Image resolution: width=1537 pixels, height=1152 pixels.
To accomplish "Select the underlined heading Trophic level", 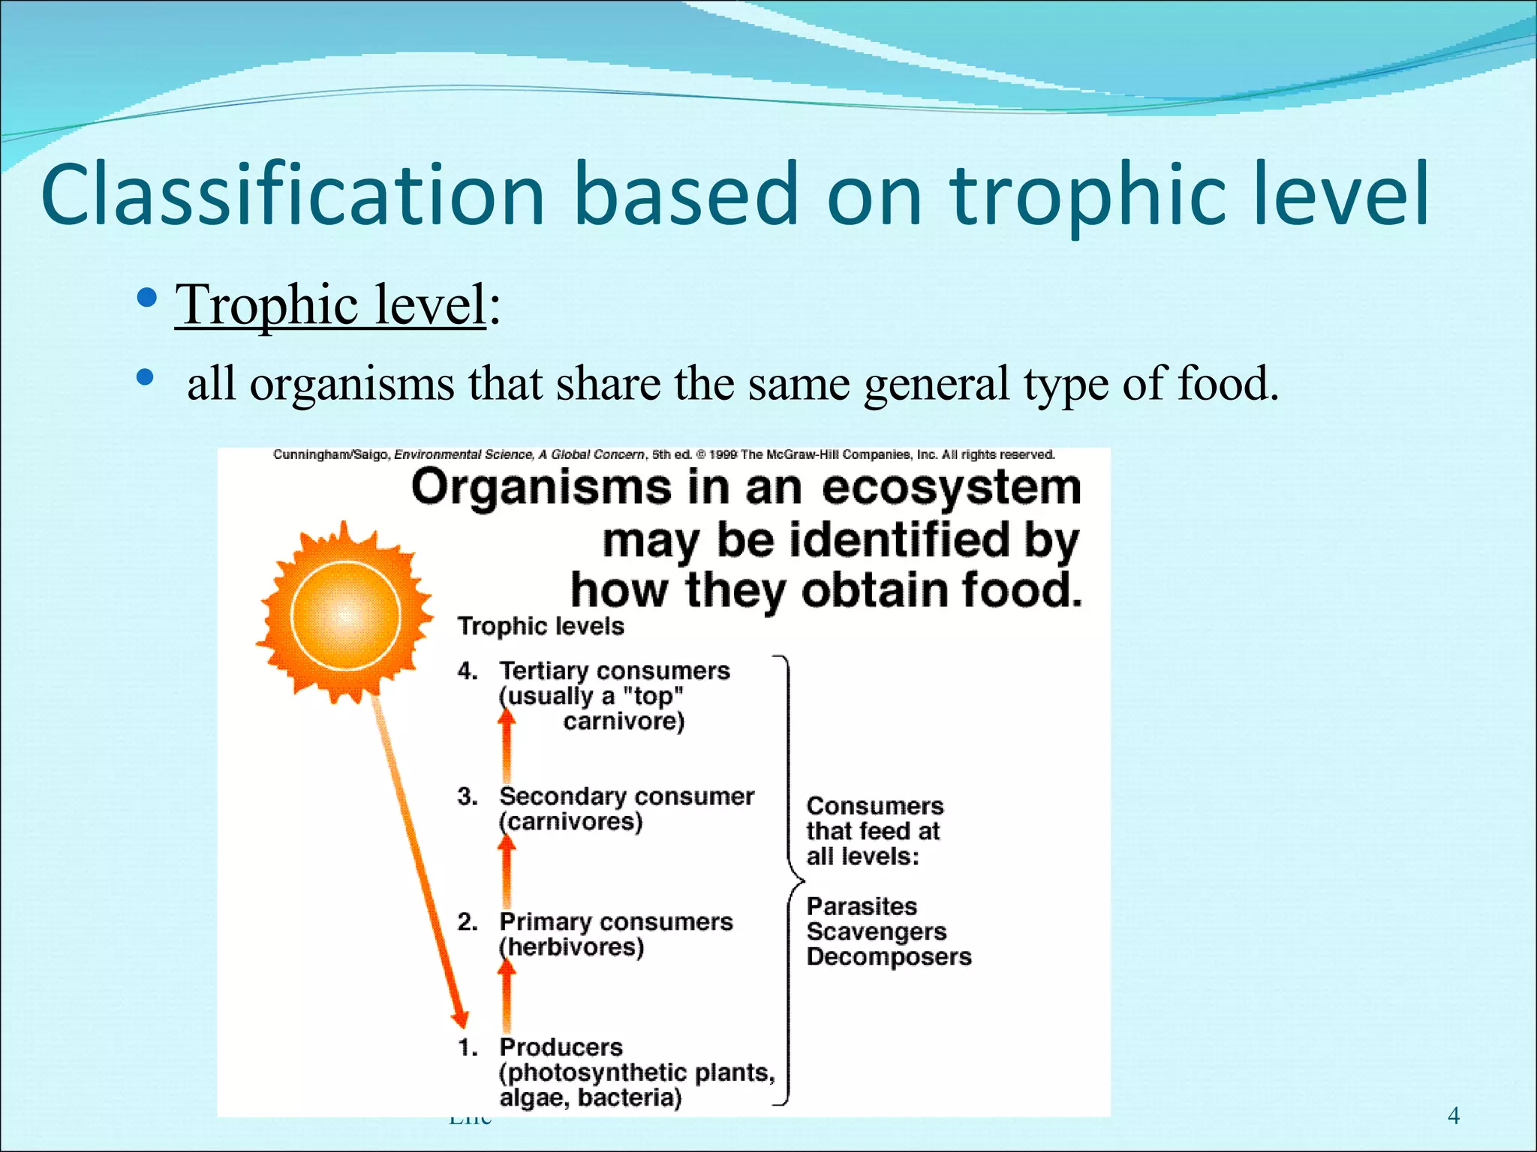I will tap(330, 304).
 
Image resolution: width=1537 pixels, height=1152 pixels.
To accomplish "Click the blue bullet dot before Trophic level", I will tap(148, 299).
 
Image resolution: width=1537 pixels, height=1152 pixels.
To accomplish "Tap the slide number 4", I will tap(1453, 1116).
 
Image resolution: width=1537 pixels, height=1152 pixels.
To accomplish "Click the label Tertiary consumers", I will tap(614, 670).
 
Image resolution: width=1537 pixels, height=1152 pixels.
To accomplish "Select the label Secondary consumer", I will tap(626, 796).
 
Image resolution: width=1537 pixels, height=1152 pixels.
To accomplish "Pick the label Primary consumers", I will tap(615, 922).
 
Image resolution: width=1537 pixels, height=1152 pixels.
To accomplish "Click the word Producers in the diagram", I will tap(561, 1047).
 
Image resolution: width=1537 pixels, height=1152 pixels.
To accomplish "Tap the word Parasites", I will tap(862, 906).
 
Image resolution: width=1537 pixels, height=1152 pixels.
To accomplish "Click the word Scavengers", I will tap(876, 931).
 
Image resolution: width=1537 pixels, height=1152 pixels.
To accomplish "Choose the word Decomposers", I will tap(889, 957).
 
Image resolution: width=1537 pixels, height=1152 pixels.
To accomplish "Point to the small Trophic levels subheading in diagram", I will tap(540, 626).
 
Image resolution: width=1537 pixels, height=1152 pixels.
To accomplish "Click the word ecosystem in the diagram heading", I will tap(951, 487).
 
